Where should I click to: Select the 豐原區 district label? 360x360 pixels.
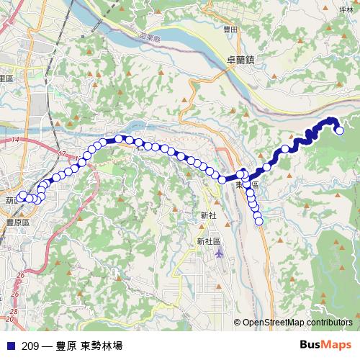(14, 222)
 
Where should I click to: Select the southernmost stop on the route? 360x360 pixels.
(259, 220)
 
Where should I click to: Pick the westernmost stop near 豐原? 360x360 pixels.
(23, 195)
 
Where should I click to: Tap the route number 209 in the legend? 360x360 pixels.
(30, 345)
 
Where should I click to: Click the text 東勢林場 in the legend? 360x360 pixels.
(102, 345)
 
